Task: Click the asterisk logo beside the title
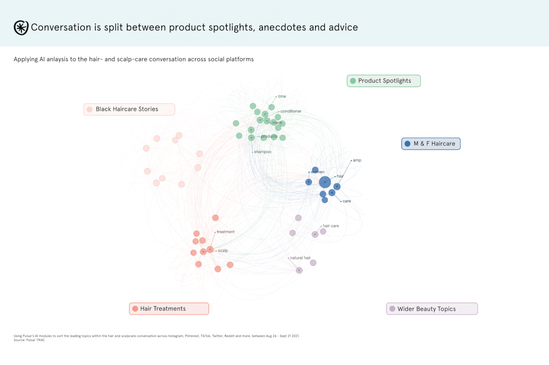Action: coord(21,28)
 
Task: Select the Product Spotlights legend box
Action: coord(384,81)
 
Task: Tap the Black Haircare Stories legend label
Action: coord(127,109)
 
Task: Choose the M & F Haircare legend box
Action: coord(431,144)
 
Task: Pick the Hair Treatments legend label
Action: coord(163,309)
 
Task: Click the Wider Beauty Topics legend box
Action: coord(432,309)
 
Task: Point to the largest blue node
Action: coord(325,182)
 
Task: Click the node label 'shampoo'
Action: coord(263,152)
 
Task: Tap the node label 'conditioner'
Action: coord(291,111)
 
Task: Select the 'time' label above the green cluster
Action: coord(282,97)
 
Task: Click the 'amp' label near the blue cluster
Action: coord(357,160)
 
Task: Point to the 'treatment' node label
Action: coord(226,232)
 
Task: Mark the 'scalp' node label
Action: coord(223,251)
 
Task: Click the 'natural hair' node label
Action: coord(300,258)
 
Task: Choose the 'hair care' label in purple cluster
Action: coord(331,226)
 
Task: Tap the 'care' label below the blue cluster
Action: coord(347,201)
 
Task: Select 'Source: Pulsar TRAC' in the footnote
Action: coord(29,340)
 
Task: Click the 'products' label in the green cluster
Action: coord(269,136)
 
